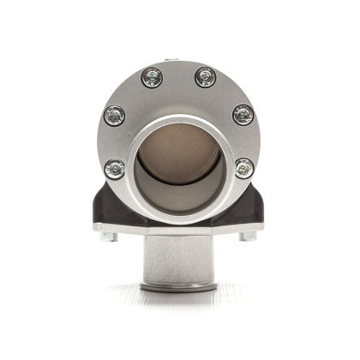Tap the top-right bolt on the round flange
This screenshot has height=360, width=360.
click(x=206, y=76)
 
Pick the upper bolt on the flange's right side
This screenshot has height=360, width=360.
click(x=243, y=113)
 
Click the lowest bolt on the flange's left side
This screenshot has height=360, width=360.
click(x=115, y=167)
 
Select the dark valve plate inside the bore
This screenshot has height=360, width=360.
click(x=179, y=150)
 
